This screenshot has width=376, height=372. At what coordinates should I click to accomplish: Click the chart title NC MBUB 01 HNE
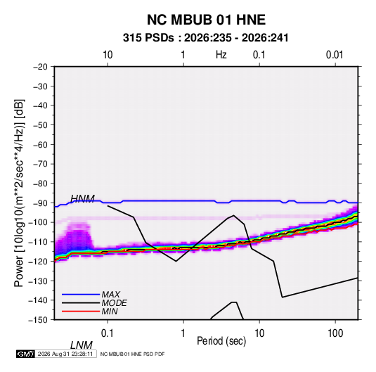tap(206, 20)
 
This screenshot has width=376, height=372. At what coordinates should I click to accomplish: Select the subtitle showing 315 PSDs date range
tap(205, 38)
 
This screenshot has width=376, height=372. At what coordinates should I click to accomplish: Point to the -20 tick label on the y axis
tap(40, 67)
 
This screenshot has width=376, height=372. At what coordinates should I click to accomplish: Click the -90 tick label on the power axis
tap(40, 203)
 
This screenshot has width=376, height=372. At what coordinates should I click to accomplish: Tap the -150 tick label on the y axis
tap(38, 320)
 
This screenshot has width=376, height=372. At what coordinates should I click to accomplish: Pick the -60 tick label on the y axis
tap(40, 144)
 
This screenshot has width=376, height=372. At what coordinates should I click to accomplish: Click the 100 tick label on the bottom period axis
tap(335, 333)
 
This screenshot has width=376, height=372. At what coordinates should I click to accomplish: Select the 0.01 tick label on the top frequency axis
tap(335, 55)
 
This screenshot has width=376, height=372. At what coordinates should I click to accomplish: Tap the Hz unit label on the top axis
tap(221, 55)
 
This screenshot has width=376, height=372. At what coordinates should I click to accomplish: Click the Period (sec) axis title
tap(221, 341)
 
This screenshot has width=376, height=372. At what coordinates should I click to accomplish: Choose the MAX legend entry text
tap(111, 295)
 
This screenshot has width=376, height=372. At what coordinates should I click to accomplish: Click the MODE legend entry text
tap(114, 303)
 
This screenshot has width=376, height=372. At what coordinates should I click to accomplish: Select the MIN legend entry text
tap(110, 312)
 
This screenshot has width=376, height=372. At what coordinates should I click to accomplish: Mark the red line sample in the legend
tap(81, 312)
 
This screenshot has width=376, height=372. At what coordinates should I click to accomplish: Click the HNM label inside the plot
tap(82, 199)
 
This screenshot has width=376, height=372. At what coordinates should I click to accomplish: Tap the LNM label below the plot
tap(82, 345)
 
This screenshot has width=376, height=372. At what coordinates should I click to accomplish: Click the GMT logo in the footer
tap(26, 354)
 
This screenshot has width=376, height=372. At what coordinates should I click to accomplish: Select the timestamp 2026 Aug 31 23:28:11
tap(65, 354)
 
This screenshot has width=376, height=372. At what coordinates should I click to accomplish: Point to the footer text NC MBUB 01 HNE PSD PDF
tap(132, 354)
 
